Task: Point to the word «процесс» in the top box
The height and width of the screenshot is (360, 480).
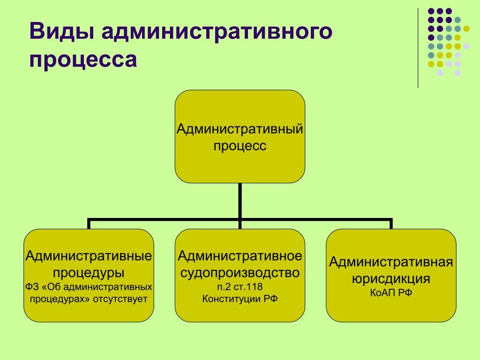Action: tap(240, 146)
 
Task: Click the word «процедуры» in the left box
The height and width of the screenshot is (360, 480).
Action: tap(89, 271)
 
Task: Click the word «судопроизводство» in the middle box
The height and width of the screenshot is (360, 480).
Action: tap(240, 271)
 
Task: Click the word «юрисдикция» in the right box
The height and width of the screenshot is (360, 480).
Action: tap(391, 279)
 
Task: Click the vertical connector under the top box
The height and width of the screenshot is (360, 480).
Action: tap(240, 200)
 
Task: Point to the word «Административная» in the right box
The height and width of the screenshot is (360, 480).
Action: tap(391, 262)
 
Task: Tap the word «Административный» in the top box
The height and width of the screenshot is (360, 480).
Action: tap(240, 129)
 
